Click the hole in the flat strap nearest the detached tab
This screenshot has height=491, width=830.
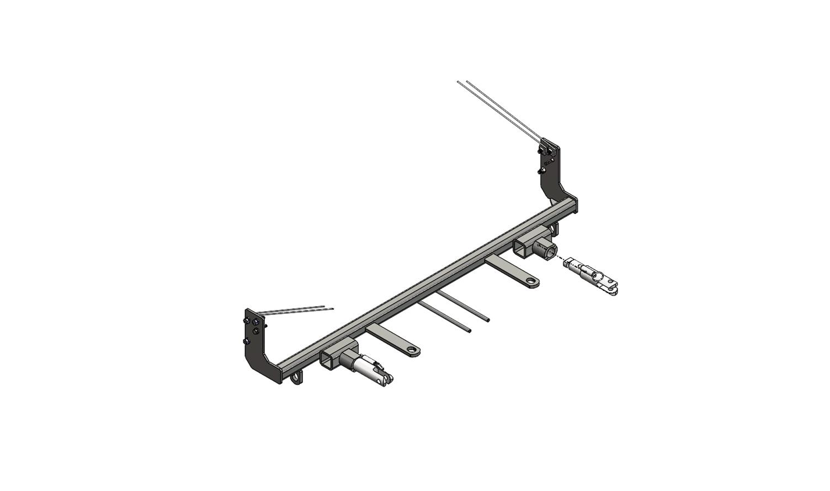click(531, 282)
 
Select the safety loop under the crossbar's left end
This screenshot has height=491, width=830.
click(299, 377)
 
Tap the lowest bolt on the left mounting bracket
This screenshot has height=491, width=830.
click(246, 341)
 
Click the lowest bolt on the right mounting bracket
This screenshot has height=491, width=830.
click(540, 171)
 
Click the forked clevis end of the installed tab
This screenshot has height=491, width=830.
click(388, 377)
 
